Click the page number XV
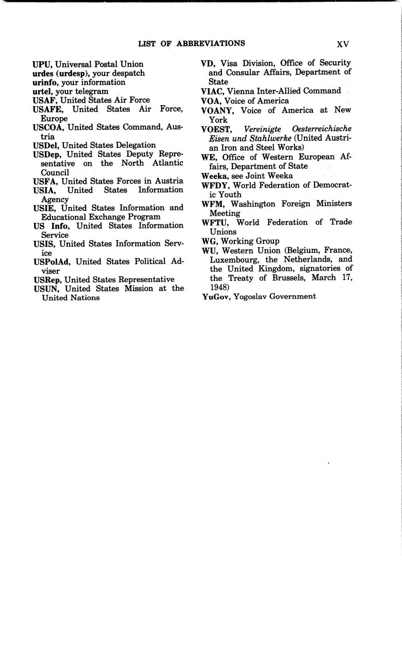click(x=343, y=44)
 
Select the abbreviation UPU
click(x=42, y=64)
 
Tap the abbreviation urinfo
click(x=45, y=82)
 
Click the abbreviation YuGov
click(x=217, y=296)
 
